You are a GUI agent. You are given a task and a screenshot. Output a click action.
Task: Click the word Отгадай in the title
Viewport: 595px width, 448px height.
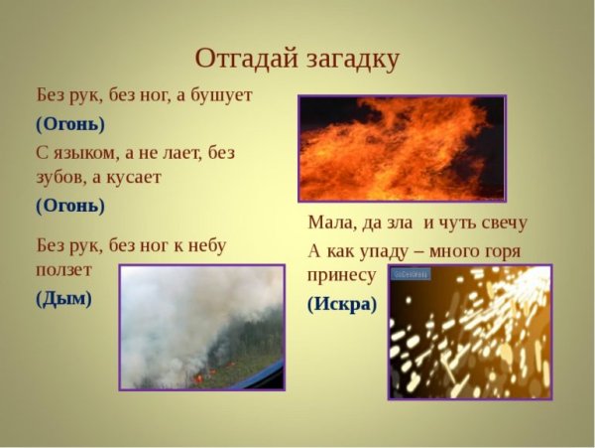tap(244, 59)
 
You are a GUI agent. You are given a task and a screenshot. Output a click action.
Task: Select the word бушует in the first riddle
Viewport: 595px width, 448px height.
tap(219, 95)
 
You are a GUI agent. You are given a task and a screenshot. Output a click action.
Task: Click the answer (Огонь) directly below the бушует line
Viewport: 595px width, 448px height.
tap(69, 124)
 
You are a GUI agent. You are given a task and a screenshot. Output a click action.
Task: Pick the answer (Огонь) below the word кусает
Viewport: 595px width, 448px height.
tap(69, 206)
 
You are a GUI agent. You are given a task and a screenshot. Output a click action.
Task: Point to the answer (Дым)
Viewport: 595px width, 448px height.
tap(63, 298)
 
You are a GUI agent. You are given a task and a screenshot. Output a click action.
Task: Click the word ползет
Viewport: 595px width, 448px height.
tap(64, 269)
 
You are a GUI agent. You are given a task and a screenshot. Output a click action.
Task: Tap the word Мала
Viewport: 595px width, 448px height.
tap(329, 223)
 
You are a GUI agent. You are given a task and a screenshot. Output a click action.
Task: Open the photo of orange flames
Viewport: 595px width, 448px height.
tap(402, 148)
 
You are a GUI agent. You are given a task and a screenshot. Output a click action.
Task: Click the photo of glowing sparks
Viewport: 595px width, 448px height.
tap(469, 332)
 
